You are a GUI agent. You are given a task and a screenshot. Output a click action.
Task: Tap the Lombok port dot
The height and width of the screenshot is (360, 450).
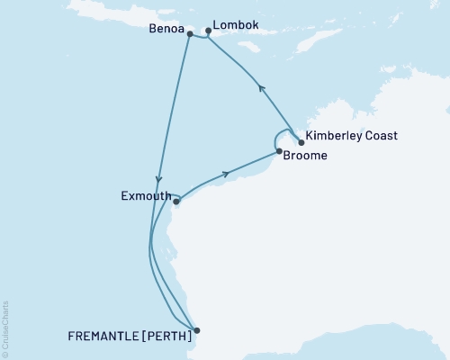tap(209, 31)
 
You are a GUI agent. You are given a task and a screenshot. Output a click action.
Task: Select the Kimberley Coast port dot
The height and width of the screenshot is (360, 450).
tap(301, 141)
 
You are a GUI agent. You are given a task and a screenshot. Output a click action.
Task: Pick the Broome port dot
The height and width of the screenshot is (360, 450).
tap(279, 151)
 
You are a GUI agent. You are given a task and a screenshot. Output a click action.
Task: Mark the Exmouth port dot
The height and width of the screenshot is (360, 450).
tap(176, 202)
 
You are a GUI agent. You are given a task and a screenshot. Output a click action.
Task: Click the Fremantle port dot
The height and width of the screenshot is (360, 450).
tap(197, 330)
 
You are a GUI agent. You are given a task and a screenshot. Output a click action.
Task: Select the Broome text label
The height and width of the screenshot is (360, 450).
tap(305, 155)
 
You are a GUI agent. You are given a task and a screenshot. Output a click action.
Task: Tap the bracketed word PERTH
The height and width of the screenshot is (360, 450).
tap(166, 338)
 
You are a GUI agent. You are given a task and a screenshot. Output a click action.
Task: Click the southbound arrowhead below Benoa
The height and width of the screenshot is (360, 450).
tap(158, 178)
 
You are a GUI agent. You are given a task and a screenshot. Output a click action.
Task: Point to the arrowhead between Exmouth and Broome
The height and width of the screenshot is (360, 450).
tap(226, 173)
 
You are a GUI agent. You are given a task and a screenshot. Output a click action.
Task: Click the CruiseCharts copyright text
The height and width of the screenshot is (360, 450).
tap(6, 329)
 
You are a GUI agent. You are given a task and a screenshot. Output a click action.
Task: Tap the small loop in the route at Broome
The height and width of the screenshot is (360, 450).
tap(276, 139)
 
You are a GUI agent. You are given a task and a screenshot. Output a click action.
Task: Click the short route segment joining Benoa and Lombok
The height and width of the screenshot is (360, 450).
tap(199, 37)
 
